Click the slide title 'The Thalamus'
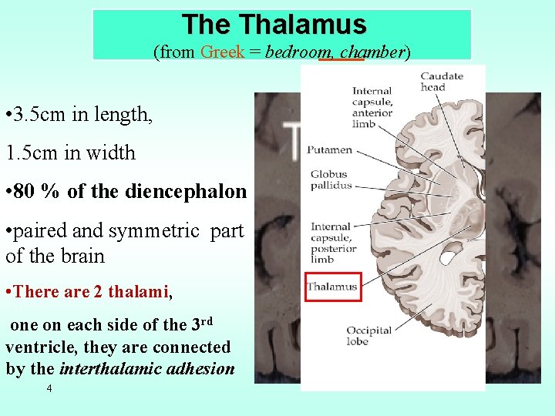coord(274,25)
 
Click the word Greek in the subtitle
coord(222,52)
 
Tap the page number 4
coord(49,389)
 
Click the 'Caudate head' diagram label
coord(442,81)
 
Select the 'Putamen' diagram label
coord(329,149)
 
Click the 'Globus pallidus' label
coord(330,179)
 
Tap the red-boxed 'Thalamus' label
coord(332,287)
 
